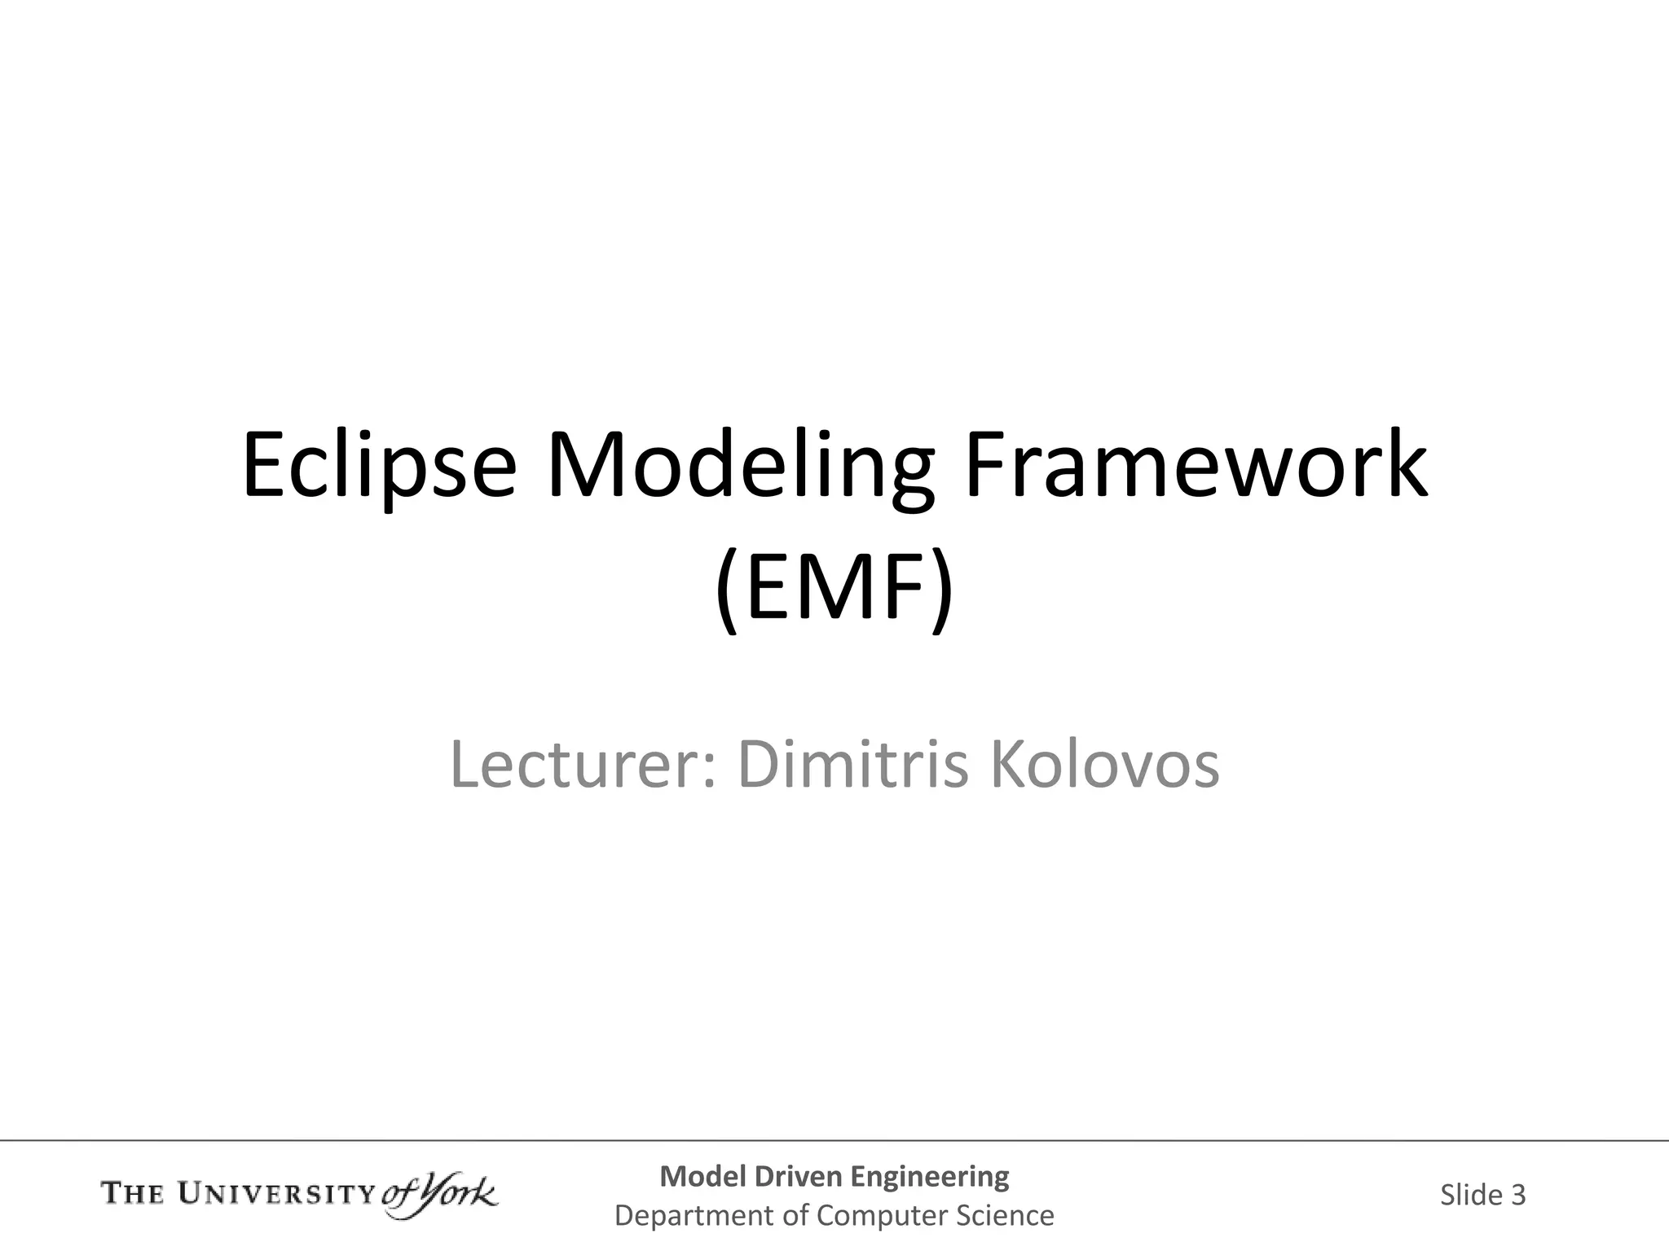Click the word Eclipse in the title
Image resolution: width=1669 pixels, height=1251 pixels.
point(380,466)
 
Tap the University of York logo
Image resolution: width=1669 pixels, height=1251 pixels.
point(299,1195)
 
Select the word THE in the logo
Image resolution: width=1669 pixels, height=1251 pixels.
point(133,1195)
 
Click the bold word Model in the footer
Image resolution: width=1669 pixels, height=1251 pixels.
point(702,1176)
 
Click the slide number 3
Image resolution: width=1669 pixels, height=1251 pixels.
point(1517,1195)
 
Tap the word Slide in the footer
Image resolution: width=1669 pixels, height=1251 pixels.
point(1471,1195)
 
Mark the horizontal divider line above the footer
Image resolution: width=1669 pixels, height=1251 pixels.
point(834,1140)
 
